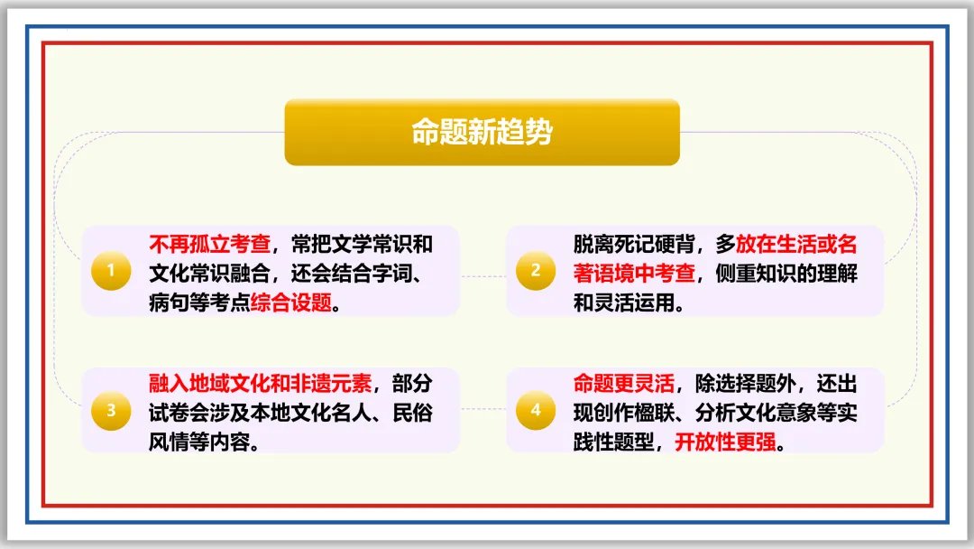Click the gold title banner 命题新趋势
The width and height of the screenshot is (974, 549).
[x=482, y=132]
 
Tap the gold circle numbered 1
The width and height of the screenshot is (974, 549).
[x=111, y=271]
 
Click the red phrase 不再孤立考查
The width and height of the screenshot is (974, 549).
[x=209, y=244]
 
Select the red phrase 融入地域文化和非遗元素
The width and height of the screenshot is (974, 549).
[x=260, y=383]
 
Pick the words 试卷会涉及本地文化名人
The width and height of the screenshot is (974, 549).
[x=260, y=413]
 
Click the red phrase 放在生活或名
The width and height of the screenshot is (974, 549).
[x=796, y=244]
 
